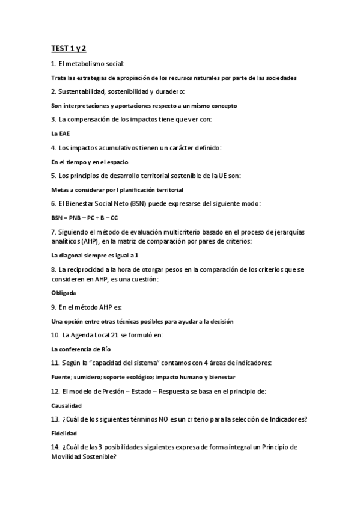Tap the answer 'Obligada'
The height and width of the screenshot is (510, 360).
[x=64, y=293]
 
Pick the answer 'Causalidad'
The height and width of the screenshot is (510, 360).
[x=66, y=405]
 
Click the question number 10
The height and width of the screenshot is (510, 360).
[x=55, y=334]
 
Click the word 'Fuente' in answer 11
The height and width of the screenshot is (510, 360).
[x=63, y=377]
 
